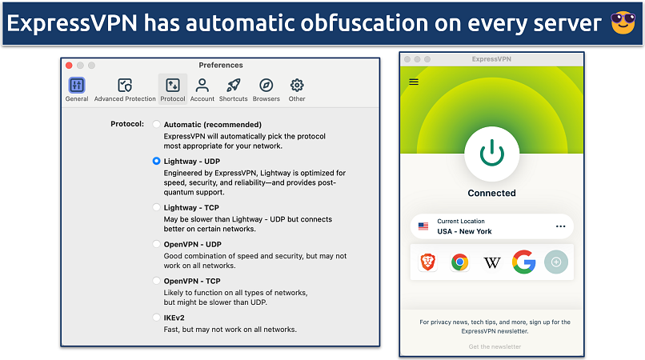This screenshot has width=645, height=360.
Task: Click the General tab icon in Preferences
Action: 77,86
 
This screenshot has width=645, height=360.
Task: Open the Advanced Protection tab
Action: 125,86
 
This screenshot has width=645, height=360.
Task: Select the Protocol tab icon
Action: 172,86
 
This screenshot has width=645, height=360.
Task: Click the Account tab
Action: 202,86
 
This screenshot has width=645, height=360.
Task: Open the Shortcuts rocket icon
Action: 233,86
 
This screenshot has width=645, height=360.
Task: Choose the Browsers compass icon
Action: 266,86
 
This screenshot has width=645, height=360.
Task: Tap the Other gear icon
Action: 297,86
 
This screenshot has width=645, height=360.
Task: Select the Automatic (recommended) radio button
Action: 156,125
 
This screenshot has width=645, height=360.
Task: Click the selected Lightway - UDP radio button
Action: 156,161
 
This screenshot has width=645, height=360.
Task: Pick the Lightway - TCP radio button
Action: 156,207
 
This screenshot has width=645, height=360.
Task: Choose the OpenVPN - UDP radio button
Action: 156,244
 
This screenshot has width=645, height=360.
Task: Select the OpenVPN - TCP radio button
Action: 156,281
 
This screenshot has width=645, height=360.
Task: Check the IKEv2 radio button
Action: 156,318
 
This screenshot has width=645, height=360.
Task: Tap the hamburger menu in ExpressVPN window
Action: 414,81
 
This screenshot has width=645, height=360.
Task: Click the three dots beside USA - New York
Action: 560,226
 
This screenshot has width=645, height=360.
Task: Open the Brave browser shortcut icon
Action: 428,262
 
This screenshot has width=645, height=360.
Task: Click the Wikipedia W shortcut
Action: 491,262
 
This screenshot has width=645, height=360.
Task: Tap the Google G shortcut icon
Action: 524,262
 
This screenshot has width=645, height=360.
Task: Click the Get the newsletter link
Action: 495,346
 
